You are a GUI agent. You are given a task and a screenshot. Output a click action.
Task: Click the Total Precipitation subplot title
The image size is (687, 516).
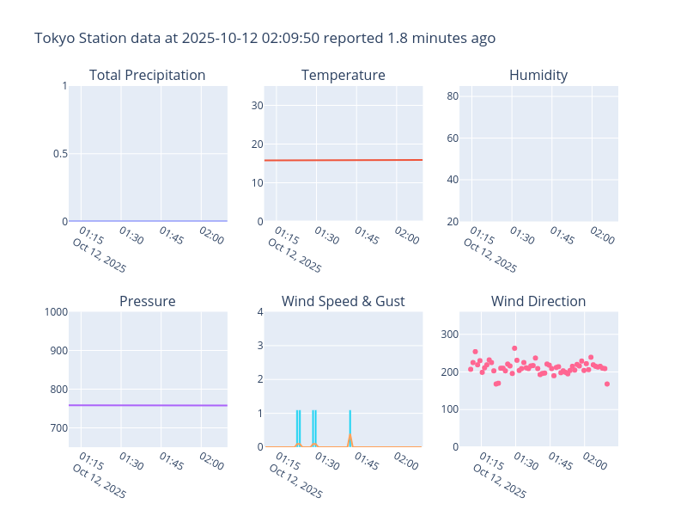coord(147,76)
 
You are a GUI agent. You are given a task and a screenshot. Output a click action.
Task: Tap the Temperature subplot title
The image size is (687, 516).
coord(343,76)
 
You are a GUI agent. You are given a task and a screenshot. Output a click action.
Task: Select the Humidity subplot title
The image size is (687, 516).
coord(538,76)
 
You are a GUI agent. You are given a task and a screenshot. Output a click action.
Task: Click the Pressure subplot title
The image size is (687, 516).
coord(147,302)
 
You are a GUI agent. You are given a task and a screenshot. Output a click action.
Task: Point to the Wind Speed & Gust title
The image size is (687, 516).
coord(343,302)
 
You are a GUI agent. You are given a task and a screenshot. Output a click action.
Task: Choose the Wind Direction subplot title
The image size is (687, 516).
coord(538,302)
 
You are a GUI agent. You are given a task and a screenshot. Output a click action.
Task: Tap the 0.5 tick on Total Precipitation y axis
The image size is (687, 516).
coord(58,154)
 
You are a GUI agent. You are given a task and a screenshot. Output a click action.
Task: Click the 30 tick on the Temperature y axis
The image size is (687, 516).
coord(255,106)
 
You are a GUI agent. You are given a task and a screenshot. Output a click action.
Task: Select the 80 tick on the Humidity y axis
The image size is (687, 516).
coord(451,95)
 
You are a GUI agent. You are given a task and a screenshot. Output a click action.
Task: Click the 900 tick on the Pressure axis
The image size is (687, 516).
coord(57,351)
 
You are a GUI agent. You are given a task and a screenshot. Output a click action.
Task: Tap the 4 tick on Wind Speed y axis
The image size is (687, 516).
coord(258,312)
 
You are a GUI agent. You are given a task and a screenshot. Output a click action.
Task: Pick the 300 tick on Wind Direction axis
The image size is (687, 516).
coord(449,335)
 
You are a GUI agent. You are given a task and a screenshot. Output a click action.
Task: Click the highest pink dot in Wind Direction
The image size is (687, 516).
coord(514,348)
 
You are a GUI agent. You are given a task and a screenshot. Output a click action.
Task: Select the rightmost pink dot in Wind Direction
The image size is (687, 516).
coord(607,384)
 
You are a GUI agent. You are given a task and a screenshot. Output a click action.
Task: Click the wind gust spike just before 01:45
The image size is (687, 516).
coord(350,413)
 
